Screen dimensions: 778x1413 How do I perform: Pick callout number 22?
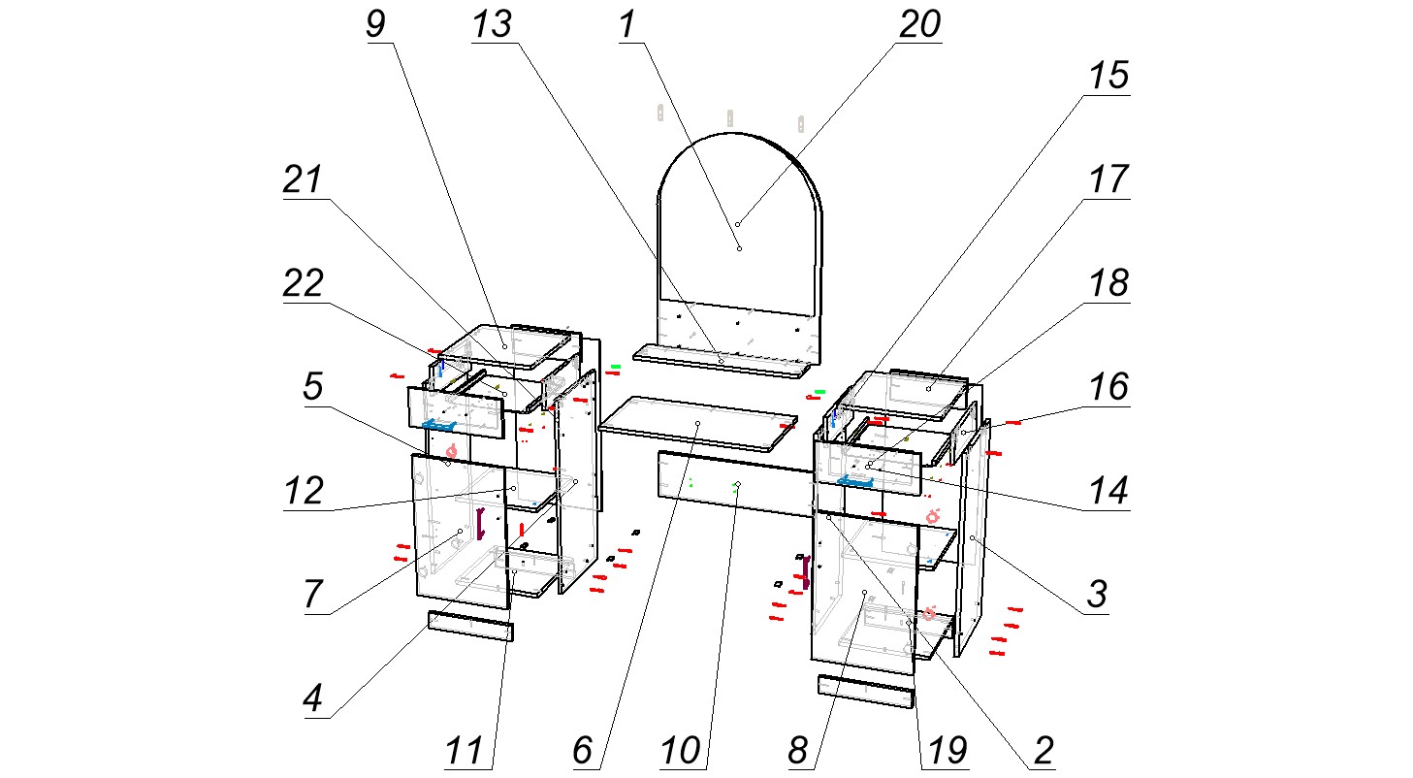pos(305,285)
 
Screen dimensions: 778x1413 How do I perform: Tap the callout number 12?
pos(305,492)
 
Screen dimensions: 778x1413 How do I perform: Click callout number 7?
pos(312,593)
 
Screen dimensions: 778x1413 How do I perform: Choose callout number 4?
pos(312,699)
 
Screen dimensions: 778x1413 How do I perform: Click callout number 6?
pos(582,750)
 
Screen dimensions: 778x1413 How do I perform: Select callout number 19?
pos(946,750)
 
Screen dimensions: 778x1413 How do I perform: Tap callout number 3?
pos(1096,593)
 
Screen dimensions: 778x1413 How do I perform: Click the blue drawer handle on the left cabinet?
pos(438,424)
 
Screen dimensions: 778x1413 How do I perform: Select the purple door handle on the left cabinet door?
pos(479,523)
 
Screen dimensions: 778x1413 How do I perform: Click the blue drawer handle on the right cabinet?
pos(855,480)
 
